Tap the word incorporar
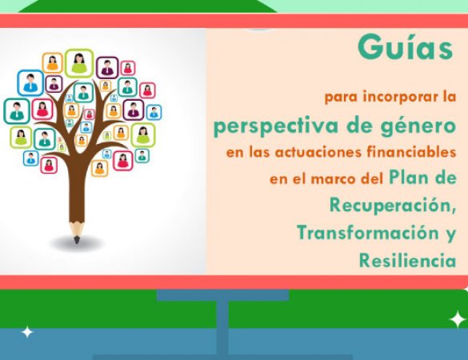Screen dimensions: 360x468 pos(387,98)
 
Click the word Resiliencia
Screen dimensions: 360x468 pos(407,260)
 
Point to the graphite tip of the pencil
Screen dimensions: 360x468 pos(77,238)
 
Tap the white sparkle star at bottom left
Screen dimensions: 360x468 pos(27,331)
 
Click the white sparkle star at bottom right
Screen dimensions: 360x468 pos(457,319)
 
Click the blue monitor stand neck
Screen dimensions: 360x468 pos(222,324)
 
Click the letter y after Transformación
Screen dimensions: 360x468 pos(450,234)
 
